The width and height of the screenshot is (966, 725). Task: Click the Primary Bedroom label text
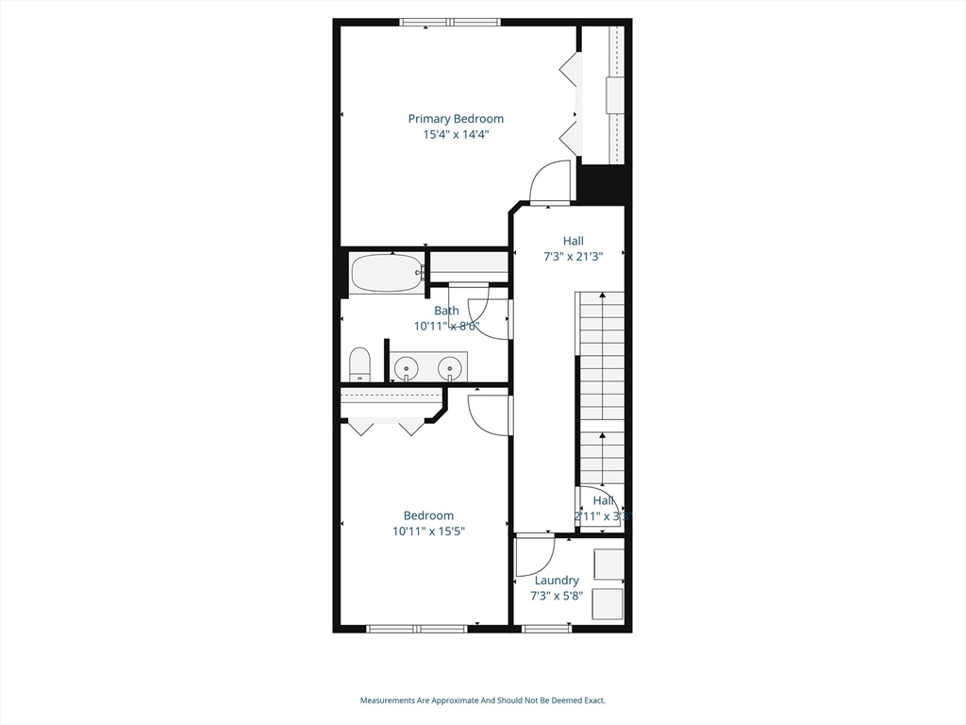pos(456,119)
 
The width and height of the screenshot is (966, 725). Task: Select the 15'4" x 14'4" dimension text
pos(456,135)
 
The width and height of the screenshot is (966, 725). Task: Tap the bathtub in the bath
pos(387,274)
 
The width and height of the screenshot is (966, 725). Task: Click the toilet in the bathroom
pos(359,364)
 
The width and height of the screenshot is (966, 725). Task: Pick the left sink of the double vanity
pos(407,366)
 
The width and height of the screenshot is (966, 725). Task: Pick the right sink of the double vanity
pos(451,366)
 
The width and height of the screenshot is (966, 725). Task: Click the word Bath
pos(446,311)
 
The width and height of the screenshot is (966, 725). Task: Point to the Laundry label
pos(557,581)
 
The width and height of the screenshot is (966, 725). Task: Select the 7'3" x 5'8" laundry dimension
pos(557,596)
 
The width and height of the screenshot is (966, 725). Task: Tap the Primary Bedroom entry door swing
pos(552,182)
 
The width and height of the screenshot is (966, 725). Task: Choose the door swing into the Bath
pos(486,307)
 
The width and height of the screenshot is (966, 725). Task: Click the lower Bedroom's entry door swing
pos(489,415)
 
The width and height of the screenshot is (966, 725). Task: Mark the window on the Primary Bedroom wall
pos(451,22)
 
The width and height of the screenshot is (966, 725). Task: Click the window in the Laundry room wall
pos(546,628)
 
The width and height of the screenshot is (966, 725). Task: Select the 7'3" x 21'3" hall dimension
pos(573,256)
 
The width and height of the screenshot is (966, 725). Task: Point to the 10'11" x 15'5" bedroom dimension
pos(429,531)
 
